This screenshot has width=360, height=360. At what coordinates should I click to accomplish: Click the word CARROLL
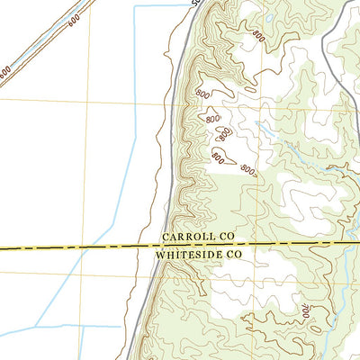pyautogui.click(x=187, y=236)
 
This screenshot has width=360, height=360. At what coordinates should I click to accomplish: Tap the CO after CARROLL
pyautogui.click(x=224, y=236)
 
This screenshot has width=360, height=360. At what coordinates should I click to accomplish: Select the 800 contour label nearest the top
pyautogui.click(x=258, y=37)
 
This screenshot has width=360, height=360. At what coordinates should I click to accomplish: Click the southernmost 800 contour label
pyautogui.click(x=247, y=170)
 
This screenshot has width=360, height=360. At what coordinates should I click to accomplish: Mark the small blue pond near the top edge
pyautogui.click(x=270, y=18)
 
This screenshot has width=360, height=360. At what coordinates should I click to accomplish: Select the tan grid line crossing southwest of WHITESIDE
pyautogui.click(x=90, y=275)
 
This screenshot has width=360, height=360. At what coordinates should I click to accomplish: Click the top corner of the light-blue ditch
pyautogui.click(x=135, y=6)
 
